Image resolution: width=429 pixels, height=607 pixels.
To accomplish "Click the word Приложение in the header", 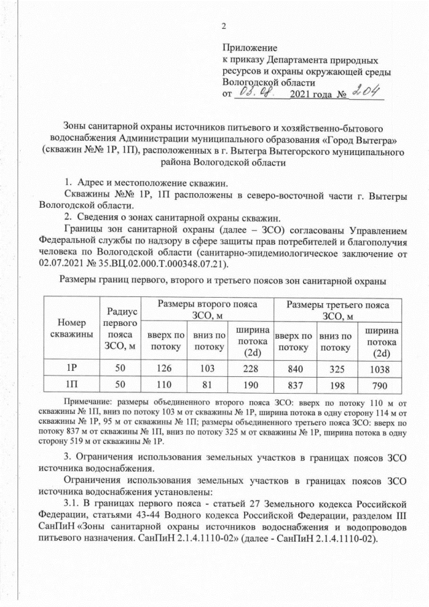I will pyautogui.click(x=249, y=48).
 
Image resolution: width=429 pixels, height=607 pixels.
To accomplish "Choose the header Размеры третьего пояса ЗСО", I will pyautogui.click(x=333, y=311).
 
